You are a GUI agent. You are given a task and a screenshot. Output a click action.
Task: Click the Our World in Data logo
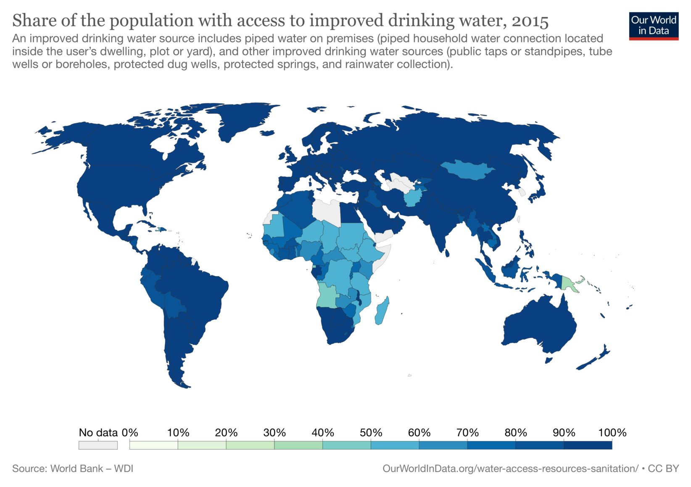click(x=653, y=26)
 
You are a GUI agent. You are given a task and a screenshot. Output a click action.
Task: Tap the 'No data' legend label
click(x=98, y=432)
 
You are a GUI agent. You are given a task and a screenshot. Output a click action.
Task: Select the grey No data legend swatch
click(x=98, y=445)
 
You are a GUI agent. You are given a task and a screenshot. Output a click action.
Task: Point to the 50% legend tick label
click(x=371, y=432)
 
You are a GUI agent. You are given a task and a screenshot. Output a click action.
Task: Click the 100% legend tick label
click(x=612, y=432)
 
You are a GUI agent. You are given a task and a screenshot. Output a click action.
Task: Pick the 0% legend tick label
click(x=130, y=432)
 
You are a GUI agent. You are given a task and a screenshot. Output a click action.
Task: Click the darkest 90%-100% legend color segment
click(x=588, y=445)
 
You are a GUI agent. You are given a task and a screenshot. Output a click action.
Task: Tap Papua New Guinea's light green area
click(x=569, y=283)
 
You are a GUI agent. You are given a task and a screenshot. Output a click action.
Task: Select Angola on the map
click(x=327, y=296)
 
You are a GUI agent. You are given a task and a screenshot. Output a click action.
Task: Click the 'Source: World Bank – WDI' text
click(x=73, y=469)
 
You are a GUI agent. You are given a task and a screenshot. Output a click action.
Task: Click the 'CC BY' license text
click(x=663, y=469)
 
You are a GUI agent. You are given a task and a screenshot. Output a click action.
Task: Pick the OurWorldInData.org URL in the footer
click(x=510, y=469)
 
